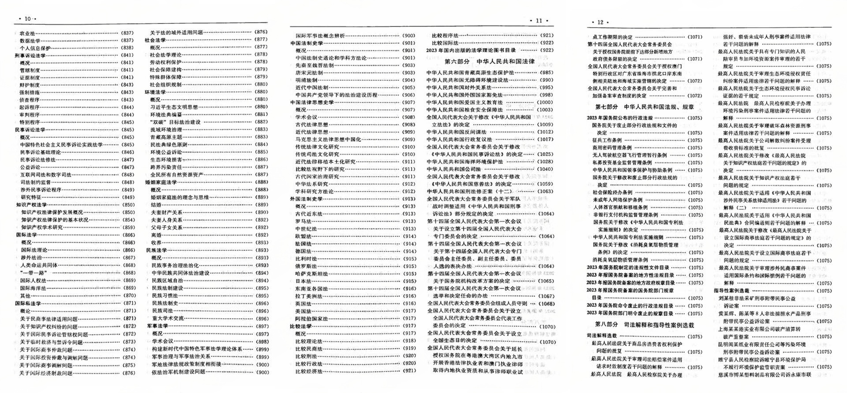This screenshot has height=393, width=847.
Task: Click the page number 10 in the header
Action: coord(27,19)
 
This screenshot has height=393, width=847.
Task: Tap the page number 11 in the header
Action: coord(539,20)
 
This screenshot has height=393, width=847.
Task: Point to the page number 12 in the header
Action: coord(600,22)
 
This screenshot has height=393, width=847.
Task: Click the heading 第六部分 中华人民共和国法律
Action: coord(489,61)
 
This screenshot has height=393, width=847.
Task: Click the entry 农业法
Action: coord(27,33)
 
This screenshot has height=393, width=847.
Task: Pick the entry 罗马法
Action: coord(304,221)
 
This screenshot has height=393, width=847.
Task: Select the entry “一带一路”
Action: coord(35,273)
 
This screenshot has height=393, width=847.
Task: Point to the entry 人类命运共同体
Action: coord(38,265)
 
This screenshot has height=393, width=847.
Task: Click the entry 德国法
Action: coord(304,251)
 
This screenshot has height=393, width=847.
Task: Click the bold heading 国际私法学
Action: coord(28,303)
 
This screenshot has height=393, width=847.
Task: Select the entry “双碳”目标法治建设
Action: coord(175,122)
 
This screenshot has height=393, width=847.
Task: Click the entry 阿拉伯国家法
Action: coord(311,318)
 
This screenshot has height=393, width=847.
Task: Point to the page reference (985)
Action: coord(546,73)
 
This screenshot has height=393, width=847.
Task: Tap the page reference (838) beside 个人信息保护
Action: coord(127,48)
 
